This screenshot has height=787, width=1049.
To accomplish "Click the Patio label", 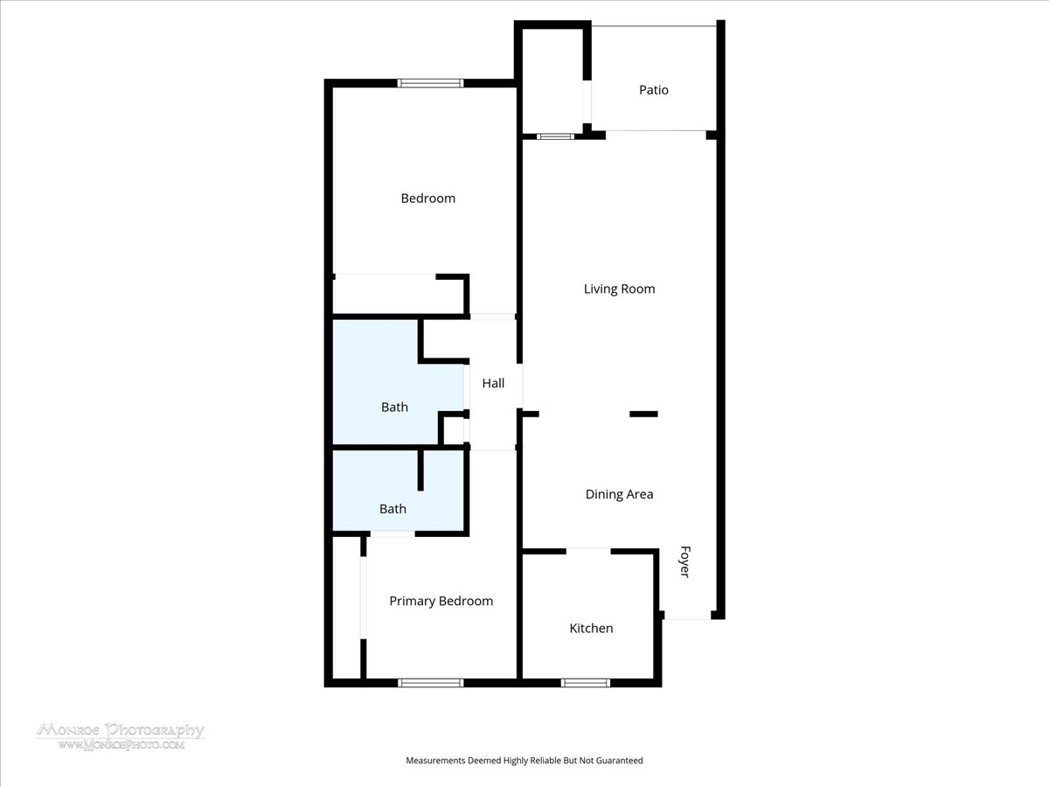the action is (x=653, y=90).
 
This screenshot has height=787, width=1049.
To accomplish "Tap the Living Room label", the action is (x=619, y=289).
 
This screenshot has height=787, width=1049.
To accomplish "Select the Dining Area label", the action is (x=619, y=494).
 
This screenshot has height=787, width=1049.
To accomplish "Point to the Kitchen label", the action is (x=591, y=628).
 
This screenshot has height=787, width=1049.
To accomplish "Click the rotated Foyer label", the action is (x=684, y=561).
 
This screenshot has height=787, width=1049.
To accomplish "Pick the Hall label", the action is (x=493, y=383).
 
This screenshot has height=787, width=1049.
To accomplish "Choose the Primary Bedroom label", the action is (x=441, y=601).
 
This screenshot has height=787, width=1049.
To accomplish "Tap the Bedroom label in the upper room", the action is (x=427, y=198).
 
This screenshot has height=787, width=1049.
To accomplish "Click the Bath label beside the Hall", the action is (x=394, y=407).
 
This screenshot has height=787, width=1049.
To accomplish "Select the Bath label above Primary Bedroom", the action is (x=393, y=509).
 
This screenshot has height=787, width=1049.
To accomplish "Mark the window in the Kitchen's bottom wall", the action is (x=585, y=683).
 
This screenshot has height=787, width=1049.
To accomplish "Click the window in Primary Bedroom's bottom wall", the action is (x=430, y=683).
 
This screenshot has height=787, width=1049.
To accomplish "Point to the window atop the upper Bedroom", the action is (x=430, y=83).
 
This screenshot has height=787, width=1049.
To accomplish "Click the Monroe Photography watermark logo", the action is (x=121, y=729).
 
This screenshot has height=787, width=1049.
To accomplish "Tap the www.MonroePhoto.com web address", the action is (x=122, y=744).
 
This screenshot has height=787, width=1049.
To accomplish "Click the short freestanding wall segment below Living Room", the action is (x=643, y=414).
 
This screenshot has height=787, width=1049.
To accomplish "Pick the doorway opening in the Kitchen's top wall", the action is (x=588, y=551).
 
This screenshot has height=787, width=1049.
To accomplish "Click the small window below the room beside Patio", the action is (x=555, y=136).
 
